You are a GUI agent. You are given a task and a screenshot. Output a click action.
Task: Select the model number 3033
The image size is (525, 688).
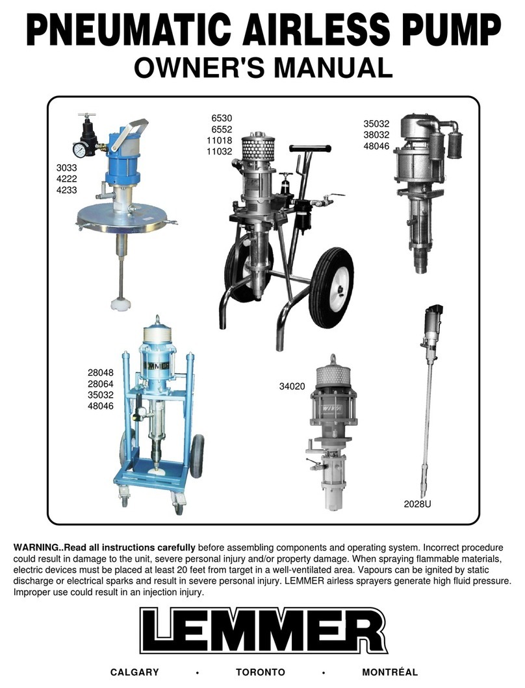(66, 167)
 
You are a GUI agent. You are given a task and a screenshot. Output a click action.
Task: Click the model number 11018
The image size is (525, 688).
(219, 140)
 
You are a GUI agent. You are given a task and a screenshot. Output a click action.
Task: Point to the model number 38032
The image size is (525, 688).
(376, 135)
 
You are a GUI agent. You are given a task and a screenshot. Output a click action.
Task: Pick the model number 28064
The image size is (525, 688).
(100, 384)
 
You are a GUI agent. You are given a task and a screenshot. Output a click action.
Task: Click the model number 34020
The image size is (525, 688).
(292, 387)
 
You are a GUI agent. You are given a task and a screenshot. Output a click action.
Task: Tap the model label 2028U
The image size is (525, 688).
(417, 504)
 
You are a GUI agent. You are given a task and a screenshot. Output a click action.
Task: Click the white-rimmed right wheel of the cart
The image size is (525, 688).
(331, 288)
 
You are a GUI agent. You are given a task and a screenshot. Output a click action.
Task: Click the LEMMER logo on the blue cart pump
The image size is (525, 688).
(156, 365)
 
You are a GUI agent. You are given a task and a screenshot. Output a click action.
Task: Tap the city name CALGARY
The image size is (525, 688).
(134, 672)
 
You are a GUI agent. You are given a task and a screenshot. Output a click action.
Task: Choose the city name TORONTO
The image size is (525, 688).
(261, 672)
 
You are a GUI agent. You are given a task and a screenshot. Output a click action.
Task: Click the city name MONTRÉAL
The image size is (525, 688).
(390, 671)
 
